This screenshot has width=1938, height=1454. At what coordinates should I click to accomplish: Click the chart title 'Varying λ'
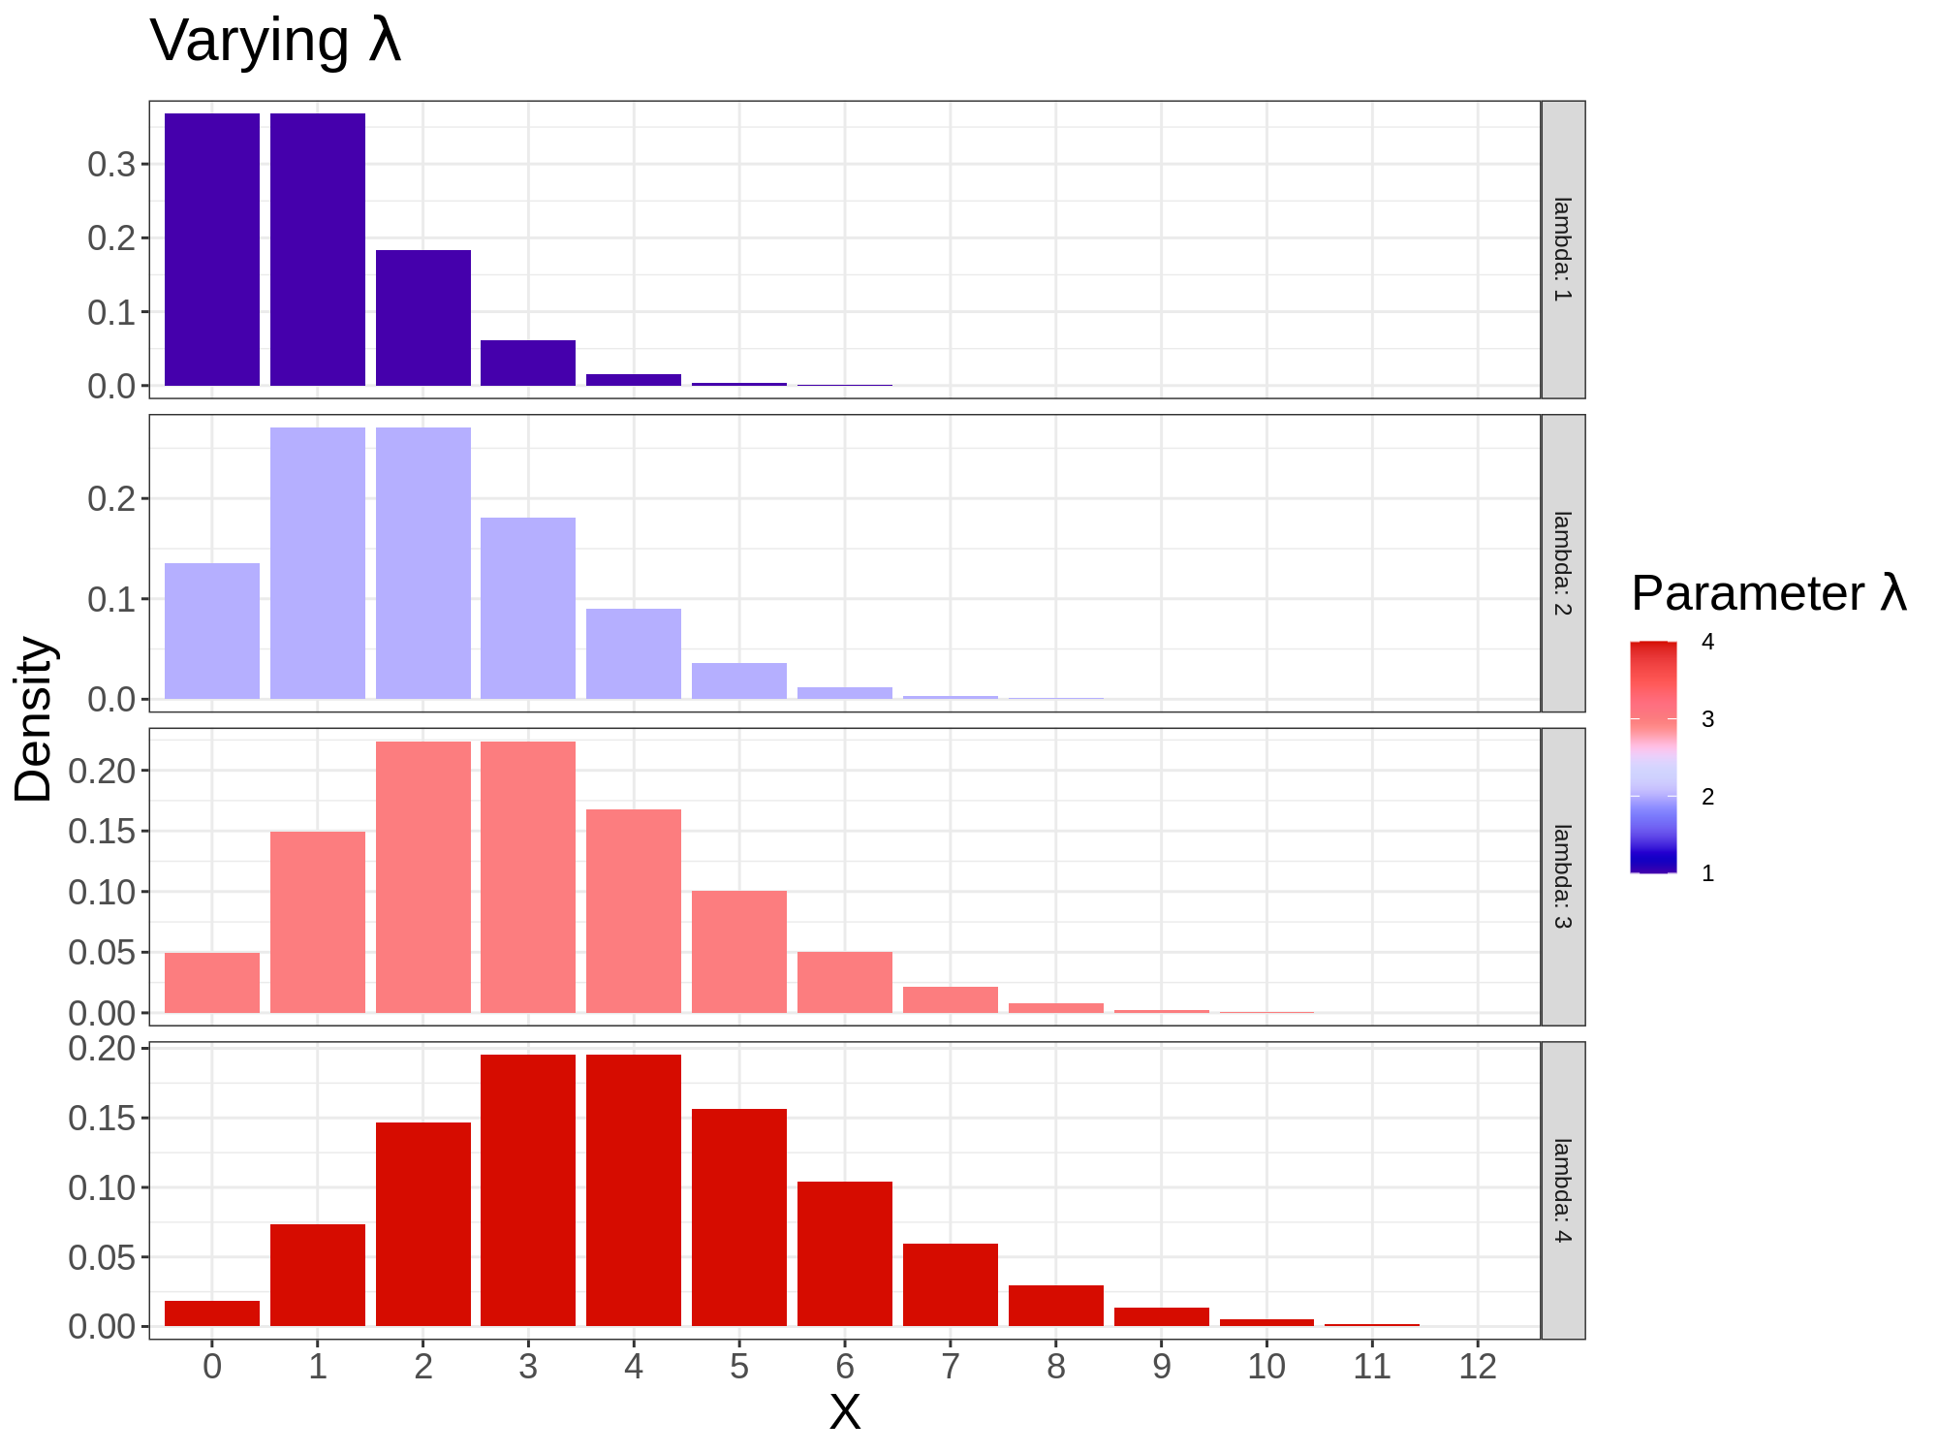(x=275, y=42)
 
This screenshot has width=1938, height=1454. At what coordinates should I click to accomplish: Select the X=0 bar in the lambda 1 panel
(x=212, y=249)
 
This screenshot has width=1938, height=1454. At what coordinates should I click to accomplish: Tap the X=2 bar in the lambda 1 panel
(x=423, y=318)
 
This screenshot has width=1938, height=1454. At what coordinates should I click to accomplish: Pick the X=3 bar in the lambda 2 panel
(x=528, y=608)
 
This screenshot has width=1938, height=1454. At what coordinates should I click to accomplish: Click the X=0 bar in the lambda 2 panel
(x=212, y=630)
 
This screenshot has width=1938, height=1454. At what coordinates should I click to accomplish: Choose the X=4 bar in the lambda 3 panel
(x=634, y=911)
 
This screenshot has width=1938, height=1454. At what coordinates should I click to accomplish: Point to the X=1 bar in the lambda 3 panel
(x=318, y=922)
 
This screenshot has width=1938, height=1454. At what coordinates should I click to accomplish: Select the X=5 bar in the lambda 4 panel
(x=739, y=1217)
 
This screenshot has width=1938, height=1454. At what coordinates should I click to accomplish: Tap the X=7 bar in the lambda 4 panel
(x=951, y=1284)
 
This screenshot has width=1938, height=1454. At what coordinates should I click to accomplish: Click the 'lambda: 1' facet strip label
(x=1562, y=249)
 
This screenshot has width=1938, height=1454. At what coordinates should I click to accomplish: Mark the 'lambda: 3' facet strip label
(x=1562, y=876)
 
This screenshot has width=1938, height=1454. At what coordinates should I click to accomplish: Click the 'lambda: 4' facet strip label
(x=1562, y=1190)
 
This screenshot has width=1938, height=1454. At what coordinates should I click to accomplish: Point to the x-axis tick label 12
(x=1478, y=1367)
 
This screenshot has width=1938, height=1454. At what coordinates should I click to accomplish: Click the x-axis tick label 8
(x=1056, y=1367)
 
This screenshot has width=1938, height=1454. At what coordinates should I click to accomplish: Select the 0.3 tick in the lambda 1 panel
(x=111, y=164)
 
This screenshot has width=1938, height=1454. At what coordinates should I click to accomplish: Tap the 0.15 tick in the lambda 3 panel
(x=102, y=831)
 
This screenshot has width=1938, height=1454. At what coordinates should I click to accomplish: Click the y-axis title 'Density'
(x=34, y=719)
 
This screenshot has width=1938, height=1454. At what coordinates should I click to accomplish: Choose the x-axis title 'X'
(x=845, y=1412)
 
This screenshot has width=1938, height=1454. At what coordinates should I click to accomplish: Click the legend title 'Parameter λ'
(x=1768, y=593)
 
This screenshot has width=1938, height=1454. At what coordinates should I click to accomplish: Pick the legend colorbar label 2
(x=1707, y=797)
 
